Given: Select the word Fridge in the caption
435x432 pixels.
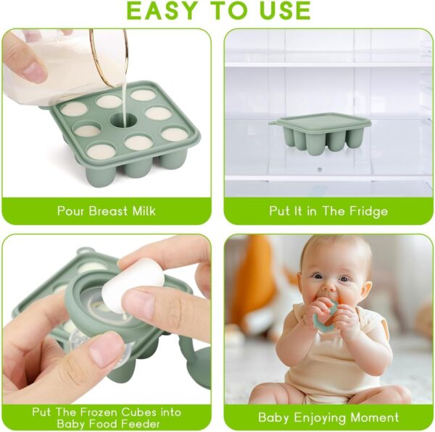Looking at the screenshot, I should click(x=366, y=211).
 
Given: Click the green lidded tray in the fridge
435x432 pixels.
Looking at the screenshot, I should click(x=320, y=130).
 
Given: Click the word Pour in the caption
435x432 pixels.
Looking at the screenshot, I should click(x=71, y=211).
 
